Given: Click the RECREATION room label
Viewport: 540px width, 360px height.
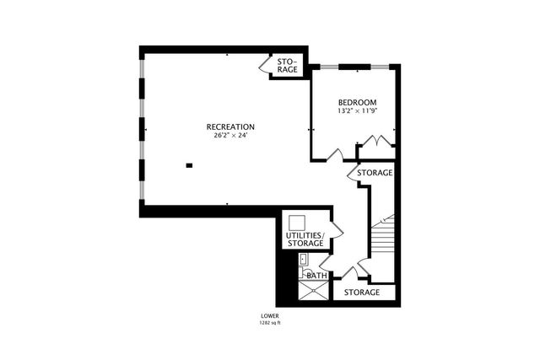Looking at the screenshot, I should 230,127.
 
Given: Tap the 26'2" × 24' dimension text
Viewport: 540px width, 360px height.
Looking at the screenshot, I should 230,136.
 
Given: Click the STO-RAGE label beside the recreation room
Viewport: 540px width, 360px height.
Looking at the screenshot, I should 287,65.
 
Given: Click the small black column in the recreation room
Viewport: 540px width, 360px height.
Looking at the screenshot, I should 189,165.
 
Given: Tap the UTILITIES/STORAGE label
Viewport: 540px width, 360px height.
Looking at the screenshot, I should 304,239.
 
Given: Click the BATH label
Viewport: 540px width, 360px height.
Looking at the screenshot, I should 316,276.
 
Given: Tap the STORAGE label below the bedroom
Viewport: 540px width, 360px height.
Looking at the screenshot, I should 374,173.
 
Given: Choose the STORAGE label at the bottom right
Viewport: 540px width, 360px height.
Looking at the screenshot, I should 361,293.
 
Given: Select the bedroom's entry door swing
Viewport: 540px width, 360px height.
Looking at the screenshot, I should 335,155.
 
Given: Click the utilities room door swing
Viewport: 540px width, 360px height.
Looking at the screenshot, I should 335,229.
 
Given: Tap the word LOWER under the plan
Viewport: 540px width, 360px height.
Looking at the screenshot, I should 270,317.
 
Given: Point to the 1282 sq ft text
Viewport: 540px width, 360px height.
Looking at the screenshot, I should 270,324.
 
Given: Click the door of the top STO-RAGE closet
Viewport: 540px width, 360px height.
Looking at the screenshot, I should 262,66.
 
